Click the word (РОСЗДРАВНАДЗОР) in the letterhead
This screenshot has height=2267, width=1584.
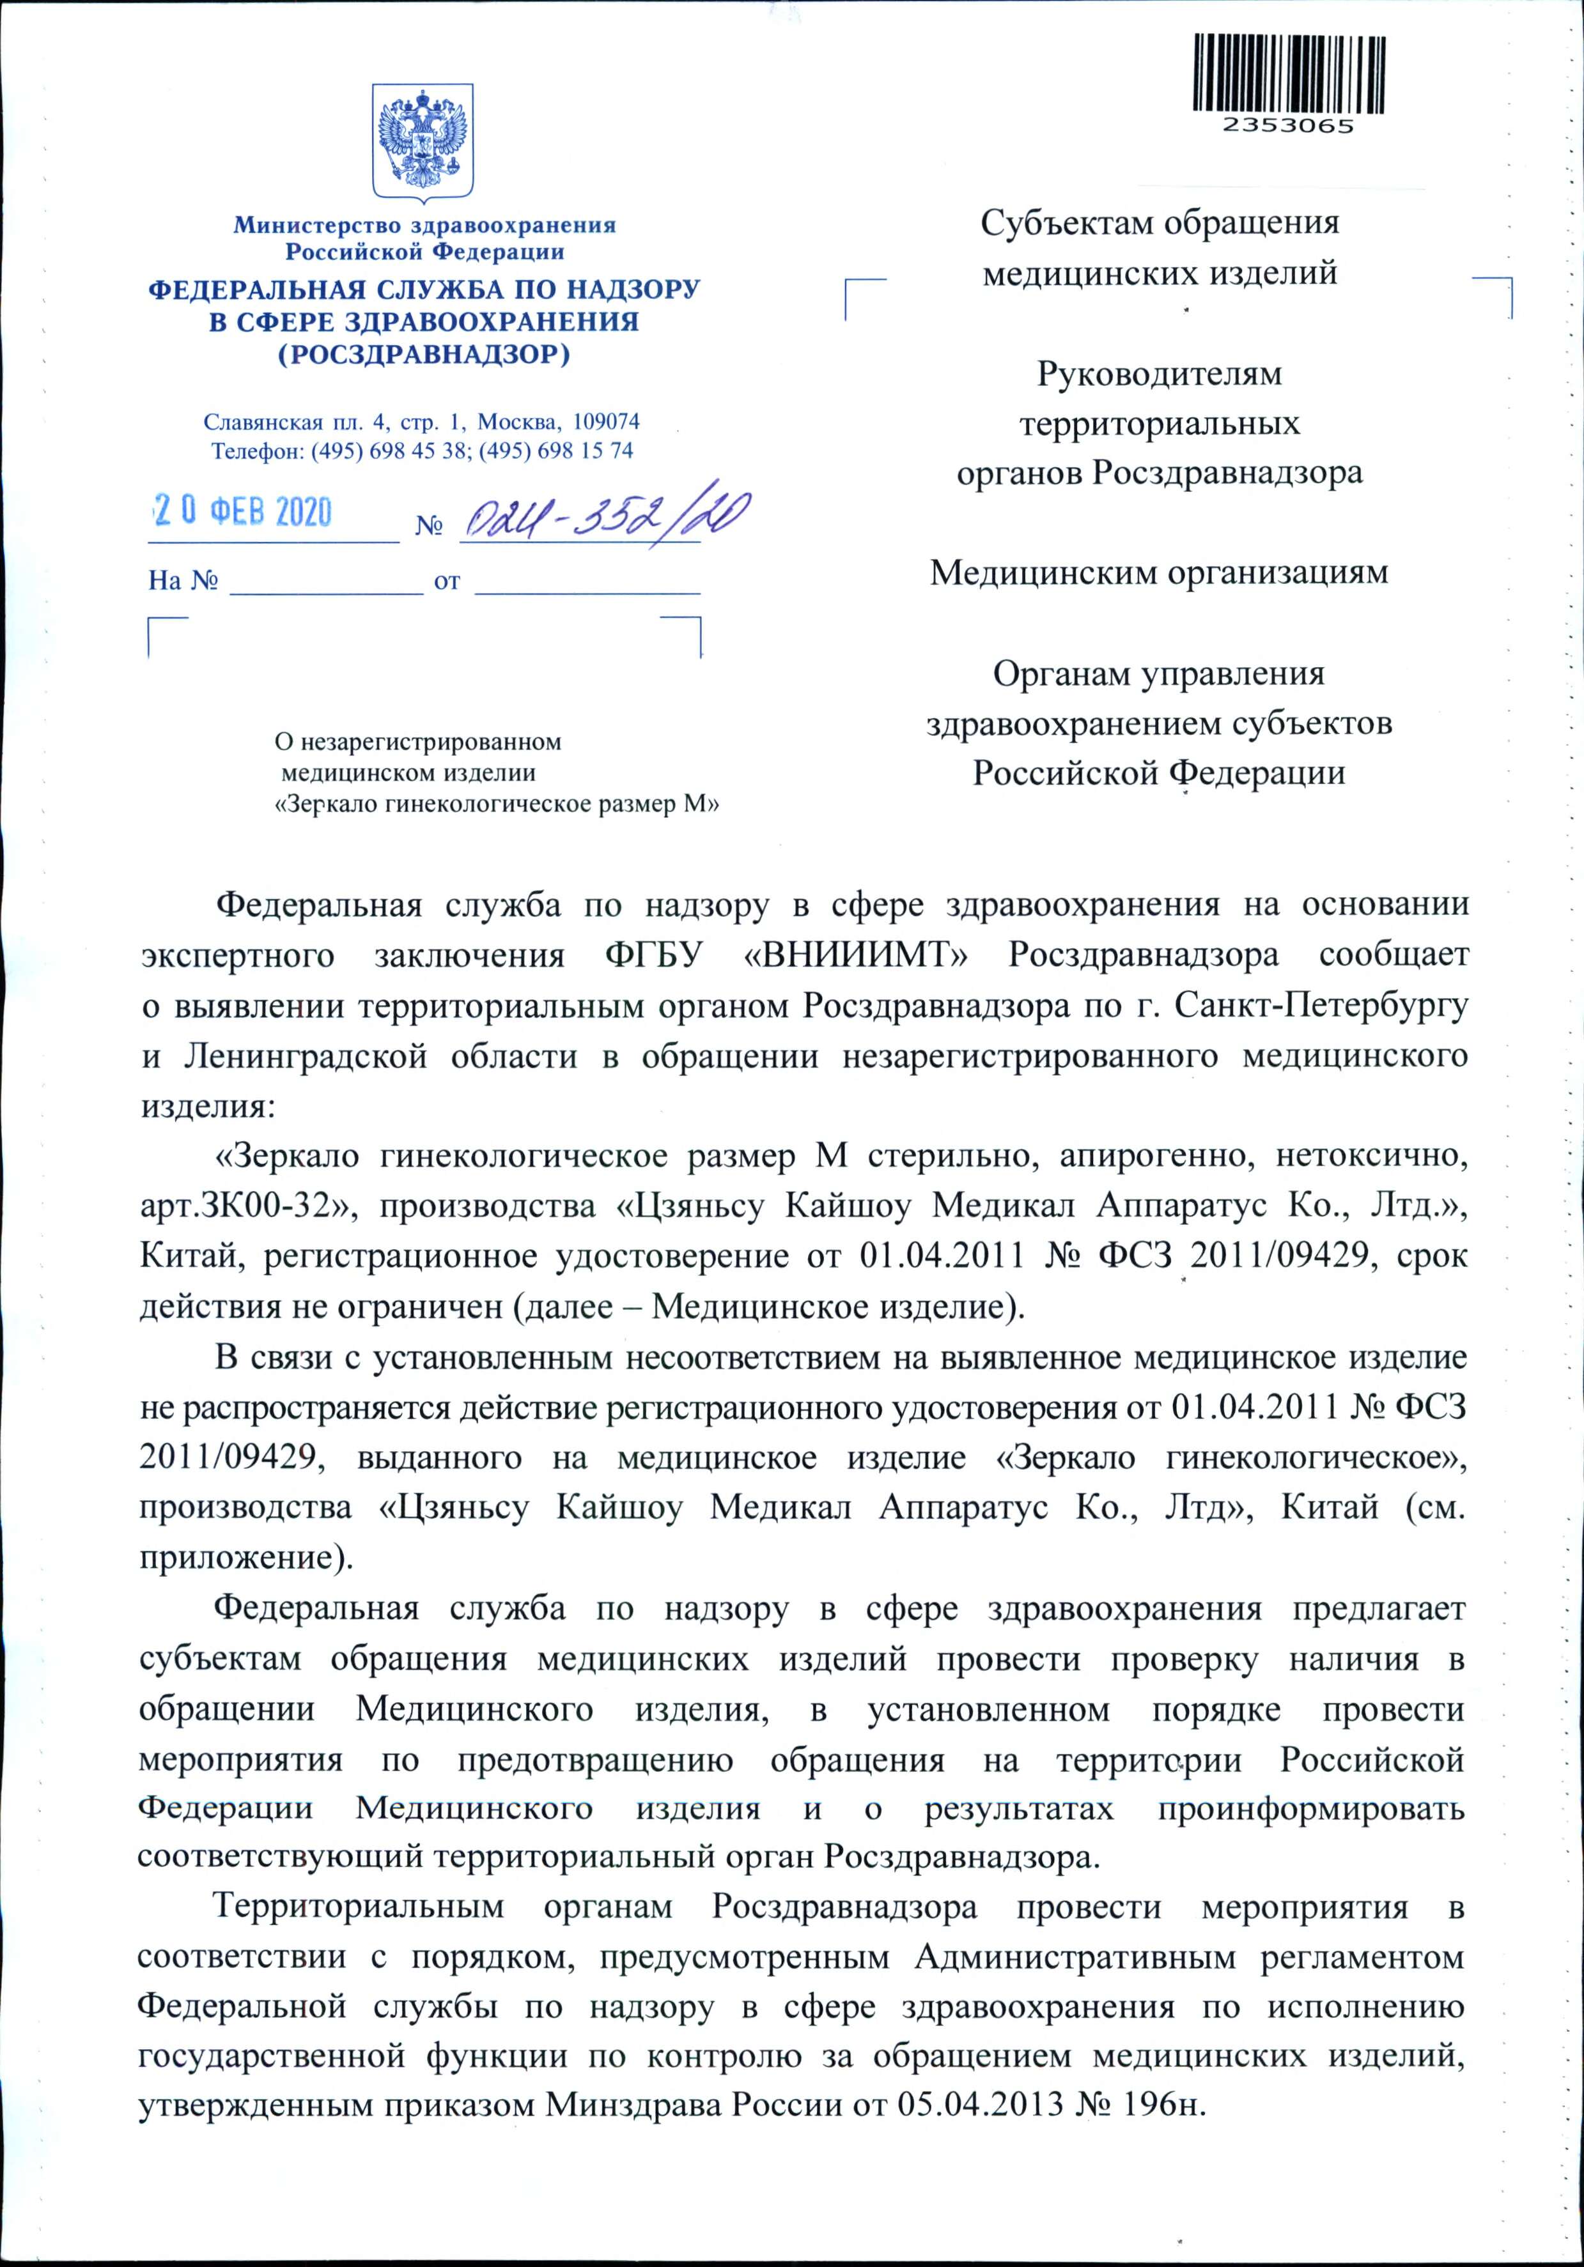[x=424, y=353]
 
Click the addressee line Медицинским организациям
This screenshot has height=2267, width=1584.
[x=1158, y=572]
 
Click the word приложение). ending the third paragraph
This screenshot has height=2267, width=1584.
[x=247, y=1558]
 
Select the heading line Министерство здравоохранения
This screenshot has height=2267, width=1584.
[x=424, y=225]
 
